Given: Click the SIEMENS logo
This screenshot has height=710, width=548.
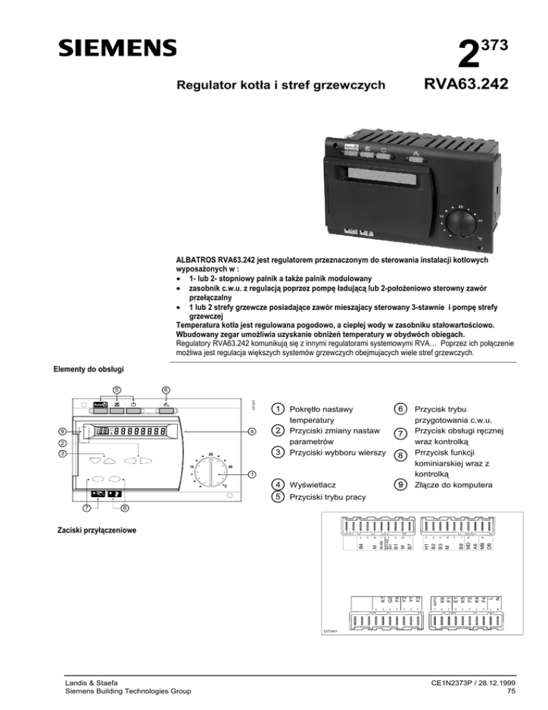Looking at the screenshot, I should click(118, 48).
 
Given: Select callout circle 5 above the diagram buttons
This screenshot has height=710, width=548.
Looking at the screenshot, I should click(117, 390).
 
